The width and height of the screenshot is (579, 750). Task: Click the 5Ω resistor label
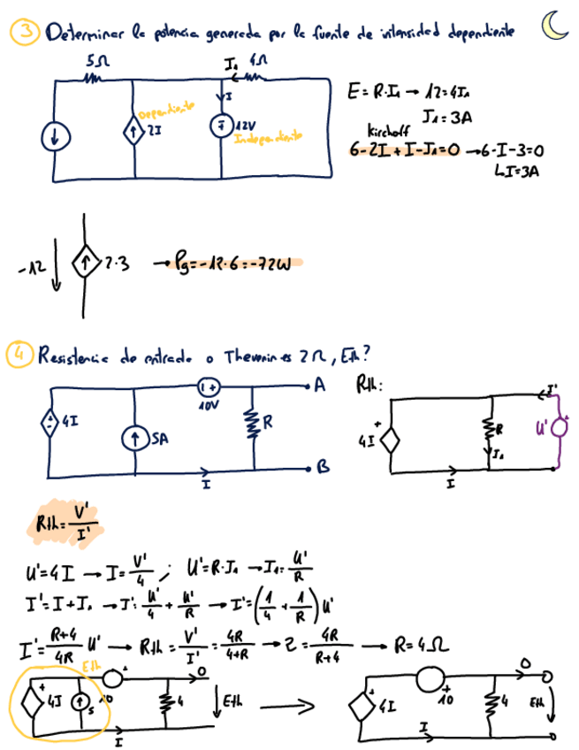tap(95, 64)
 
